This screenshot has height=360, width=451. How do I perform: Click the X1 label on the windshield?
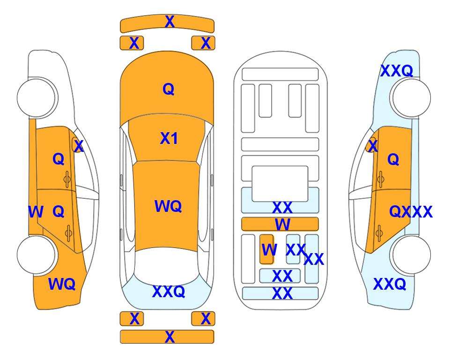pyautogui.click(x=169, y=139)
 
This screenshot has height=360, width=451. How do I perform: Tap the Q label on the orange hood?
pyautogui.click(x=169, y=89)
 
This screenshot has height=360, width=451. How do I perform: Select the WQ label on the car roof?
pyautogui.click(x=168, y=206)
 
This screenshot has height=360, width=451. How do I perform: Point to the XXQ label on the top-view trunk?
pyautogui.click(x=169, y=292)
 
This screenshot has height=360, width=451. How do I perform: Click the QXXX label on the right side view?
pyautogui.click(x=411, y=212)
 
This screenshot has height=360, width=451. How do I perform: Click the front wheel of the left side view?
pyautogui.click(x=36, y=97)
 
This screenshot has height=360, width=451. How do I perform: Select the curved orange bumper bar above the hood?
pyautogui.click(x=167, y=23)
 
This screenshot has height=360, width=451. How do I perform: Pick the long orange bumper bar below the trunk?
pyautogui.click(x=167, y=337)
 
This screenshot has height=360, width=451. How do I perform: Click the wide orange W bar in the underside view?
pyautogui.click(x=280, y=224)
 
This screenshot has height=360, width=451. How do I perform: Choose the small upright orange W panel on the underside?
pyautogui.click(x=266, y=249)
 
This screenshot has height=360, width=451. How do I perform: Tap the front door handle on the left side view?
pyautogui.click(x=67, y=179)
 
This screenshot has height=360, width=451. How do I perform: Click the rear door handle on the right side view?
pyautogui.click(x=379, y=233)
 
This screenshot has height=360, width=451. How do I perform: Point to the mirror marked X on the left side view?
pyautogui.click(x=77, y=145)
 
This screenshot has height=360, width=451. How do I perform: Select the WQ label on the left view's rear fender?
pyautogui.click(x=62, y=284)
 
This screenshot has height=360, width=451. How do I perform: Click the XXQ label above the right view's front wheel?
pyautogui.click(x=397, y=71)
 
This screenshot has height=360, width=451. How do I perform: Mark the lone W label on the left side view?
pyautogui.click(x=36, y=212)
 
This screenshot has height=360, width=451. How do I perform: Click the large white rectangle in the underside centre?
pyautogui.click(x=280, y=184)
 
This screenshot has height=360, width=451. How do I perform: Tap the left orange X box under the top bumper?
pyautogui.click(x=132, y=43)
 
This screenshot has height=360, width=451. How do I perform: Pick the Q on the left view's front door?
pyautogui.click(x=59, y=159)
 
